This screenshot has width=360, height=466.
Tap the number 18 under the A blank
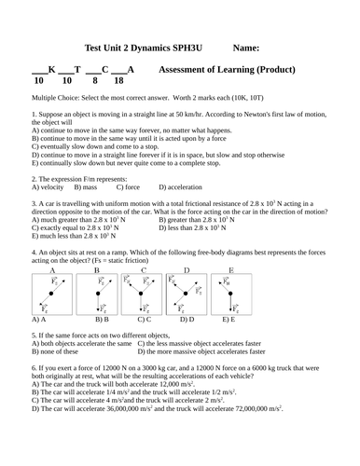pyautogui.click(x=118, y=81)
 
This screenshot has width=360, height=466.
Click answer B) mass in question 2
pyautogui.click(x=94, y=186)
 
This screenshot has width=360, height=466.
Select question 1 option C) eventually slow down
pyautogui.click(x=93, y=146)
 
